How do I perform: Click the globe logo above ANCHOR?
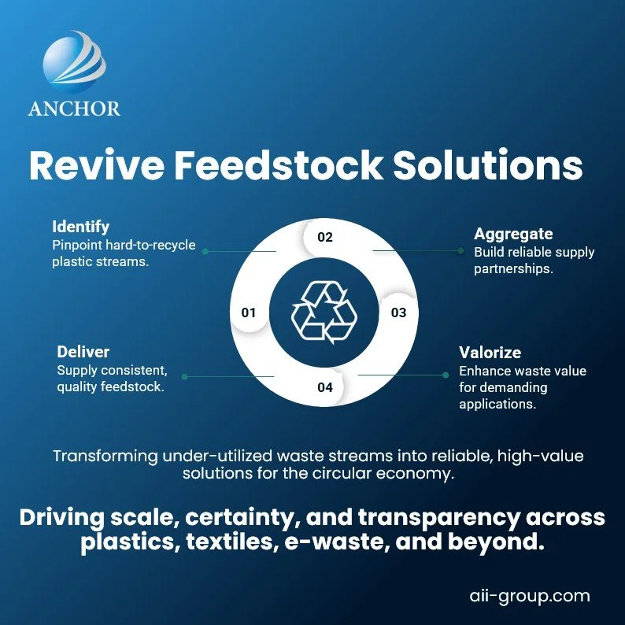[73, 65]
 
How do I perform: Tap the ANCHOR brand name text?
[74, 108]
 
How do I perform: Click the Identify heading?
[80, 227]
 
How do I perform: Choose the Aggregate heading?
[513, 234]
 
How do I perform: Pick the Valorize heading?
[490, 352]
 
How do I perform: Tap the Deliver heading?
[83, 351]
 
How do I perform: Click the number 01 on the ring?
[249, 312]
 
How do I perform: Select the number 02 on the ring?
[325, 237]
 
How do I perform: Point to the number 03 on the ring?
[398, 312]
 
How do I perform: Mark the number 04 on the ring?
[325, 387]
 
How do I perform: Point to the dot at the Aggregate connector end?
[460, 251]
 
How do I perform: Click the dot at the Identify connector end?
[205, 251]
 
